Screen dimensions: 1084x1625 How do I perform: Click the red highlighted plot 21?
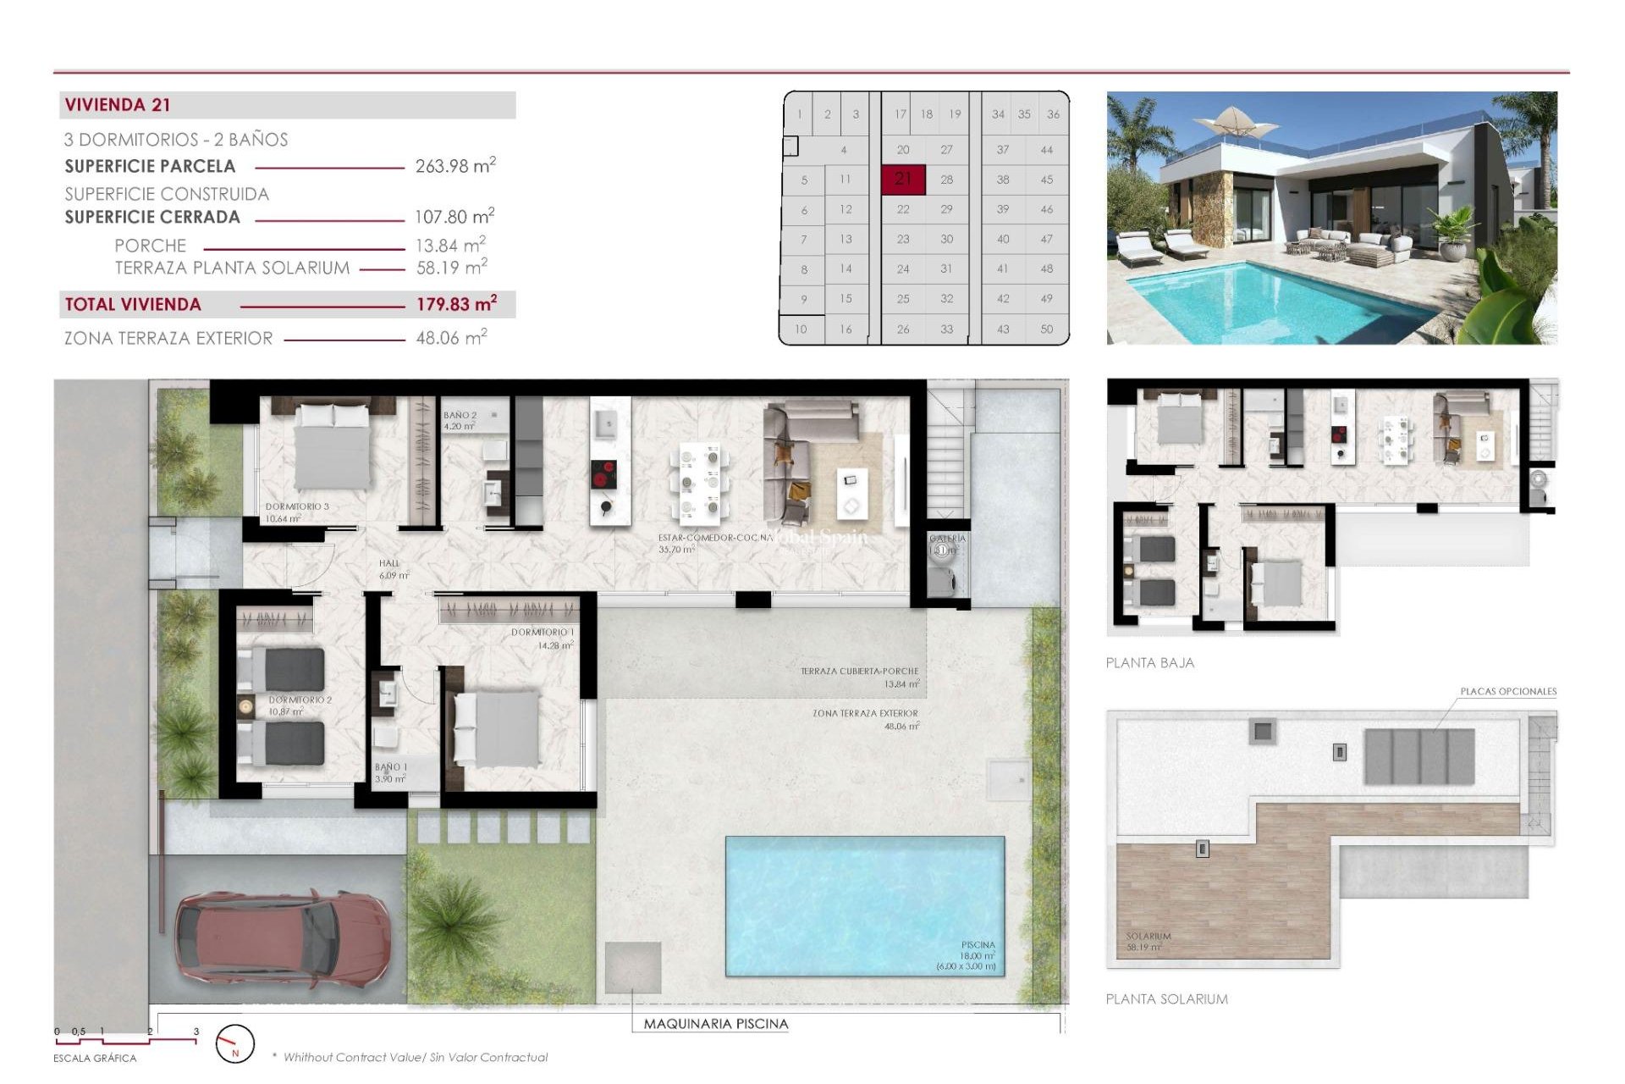[x=903, y=179]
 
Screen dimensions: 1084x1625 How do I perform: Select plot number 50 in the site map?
[x=1047, y=329]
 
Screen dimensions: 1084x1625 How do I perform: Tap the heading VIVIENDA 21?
[x=118, y=105]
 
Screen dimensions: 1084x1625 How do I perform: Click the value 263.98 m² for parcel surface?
[x=454, y=166]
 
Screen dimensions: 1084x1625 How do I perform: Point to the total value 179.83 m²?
[x=455, y=304]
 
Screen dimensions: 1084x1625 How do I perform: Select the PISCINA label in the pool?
[x=978, y=945]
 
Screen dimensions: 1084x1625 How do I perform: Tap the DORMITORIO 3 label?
[x=297, y=506]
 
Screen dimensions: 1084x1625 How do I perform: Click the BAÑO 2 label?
[x=460, y=416]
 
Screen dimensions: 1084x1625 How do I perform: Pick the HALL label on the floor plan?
[x=389, y=563]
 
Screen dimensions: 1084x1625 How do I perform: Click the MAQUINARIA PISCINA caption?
[x=715, y=1024]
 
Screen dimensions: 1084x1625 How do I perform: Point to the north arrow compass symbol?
[x=234, y=1044]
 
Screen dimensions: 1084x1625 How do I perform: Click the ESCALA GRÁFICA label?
[x=95, y=1059]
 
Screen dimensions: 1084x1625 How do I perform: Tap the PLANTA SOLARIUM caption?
[x=1166, y=999]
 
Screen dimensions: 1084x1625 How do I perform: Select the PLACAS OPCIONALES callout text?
[x=1508, y=692]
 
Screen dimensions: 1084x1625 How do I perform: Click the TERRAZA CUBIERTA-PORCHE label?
[x=859, y=671]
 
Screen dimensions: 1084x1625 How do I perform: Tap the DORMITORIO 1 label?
[x=543, y=633]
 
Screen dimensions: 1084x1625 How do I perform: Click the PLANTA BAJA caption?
[x=1149, y=663]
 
